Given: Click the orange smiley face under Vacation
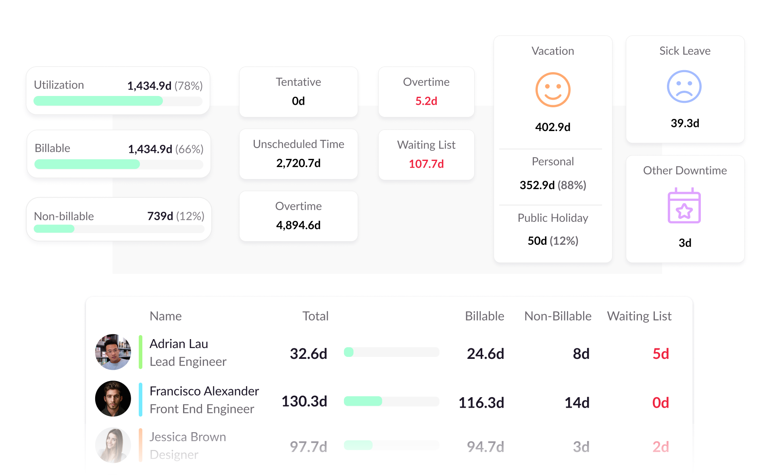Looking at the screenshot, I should pos(552,90).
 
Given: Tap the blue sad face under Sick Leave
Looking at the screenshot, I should pos(684,87).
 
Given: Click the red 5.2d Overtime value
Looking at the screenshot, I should pos(426,101).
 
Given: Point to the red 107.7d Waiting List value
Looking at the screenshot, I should pos(426,164).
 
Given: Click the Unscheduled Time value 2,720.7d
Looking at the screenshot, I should pos(298,163).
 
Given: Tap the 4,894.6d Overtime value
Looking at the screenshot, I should pos(298,225).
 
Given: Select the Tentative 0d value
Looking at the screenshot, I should pos(298,101).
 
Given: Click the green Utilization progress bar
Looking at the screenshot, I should pos(98,101).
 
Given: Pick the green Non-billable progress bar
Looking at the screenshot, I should pos(54,229).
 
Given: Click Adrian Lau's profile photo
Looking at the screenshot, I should pos(113,352).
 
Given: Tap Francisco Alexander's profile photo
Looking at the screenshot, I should pos(113,399).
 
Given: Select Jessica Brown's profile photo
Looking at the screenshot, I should pos(113,445).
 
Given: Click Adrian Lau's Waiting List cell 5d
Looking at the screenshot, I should pos(661,354).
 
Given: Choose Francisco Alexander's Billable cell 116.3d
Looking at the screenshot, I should pos(481,402).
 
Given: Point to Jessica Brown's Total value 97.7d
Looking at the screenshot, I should pos(308,447).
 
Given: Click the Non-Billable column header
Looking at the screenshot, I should pos(558,316).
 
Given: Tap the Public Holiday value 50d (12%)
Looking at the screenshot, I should pos(552,241).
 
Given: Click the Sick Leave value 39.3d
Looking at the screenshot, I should pos(685,123).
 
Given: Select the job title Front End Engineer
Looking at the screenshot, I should pos(202,409).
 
